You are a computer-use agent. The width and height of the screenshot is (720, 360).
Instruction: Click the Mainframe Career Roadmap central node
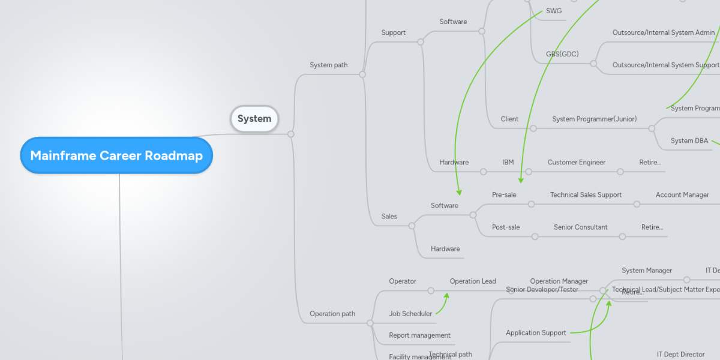(x=116, y=155)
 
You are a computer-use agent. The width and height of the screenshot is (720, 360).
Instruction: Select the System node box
(x=254, y=118)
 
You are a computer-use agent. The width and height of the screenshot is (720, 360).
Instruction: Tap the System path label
(x=328, y=65)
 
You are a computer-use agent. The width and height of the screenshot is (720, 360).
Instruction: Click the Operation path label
(x=332, y=313)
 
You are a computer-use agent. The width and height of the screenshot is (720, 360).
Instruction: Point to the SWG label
(x=554, y=11)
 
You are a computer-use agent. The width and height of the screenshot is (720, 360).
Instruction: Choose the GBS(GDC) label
(x=562, y=54)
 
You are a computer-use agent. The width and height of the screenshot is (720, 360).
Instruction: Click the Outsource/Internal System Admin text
(x=663, y=32)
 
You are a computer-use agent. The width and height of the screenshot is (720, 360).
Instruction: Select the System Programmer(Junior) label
(x=594, y=119)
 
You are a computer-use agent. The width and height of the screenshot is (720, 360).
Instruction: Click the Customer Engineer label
(x=576, y=162)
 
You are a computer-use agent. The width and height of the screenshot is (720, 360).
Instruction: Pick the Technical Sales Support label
(x=586, y=194)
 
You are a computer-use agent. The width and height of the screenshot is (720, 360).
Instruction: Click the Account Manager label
(x=682, y=194)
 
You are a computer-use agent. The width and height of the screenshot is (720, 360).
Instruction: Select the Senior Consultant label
(x=580, y=227)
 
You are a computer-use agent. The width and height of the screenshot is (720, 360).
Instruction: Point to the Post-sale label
(x=506, y=227)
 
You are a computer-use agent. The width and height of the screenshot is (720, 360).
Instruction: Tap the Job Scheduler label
(x=410, y=313)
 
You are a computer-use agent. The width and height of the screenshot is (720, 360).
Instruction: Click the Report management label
(x=419, y=335)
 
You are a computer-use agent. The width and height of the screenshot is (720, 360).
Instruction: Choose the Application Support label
(x=536, y=332)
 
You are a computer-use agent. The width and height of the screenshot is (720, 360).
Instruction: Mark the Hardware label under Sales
(x=445, y=248)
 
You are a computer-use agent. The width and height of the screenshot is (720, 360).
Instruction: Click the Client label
(x=509, y=119)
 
